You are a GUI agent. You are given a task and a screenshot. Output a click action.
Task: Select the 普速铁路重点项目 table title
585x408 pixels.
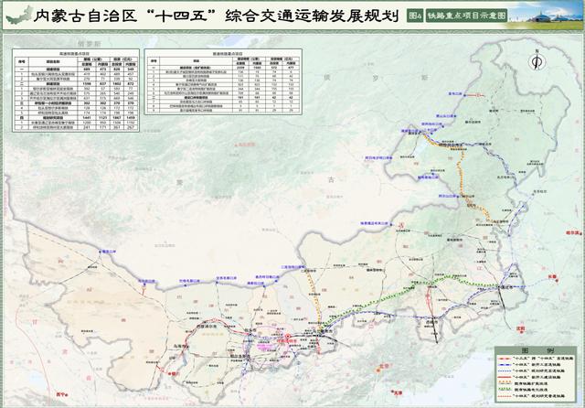click(228, 54)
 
